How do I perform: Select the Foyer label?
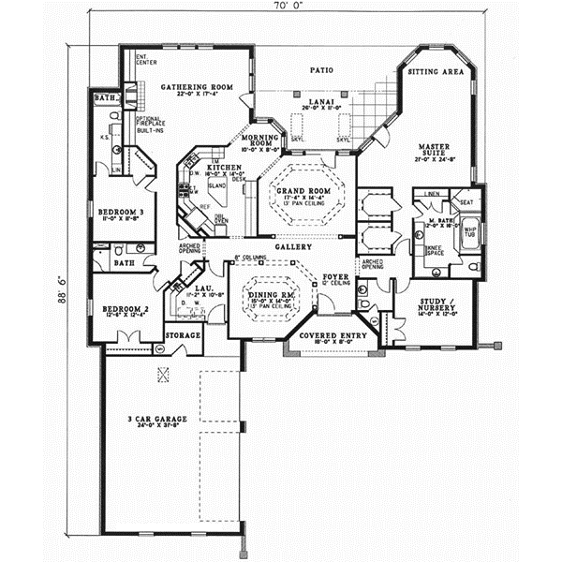(x=336, y=277)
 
